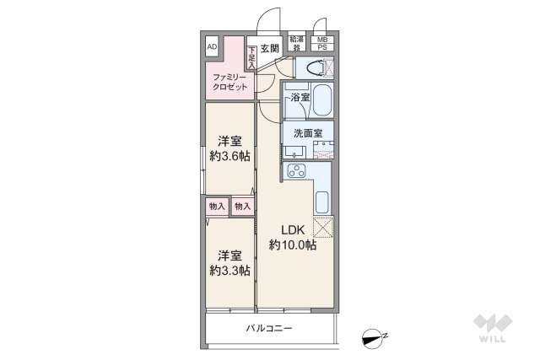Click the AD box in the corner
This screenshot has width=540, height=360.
click(212, 46)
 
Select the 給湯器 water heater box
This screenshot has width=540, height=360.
click(296, 43)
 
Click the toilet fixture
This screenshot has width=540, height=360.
click(314, 68)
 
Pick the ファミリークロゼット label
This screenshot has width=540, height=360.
click(228, 82)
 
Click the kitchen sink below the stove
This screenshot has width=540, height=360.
click(322, 203)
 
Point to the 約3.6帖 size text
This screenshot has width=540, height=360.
click(229, 156)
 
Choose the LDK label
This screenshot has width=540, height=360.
click(293, 229)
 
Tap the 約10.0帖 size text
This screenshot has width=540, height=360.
click(293, 245)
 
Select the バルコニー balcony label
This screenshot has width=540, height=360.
click(269, 328)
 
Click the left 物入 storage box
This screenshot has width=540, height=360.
click(216, 206)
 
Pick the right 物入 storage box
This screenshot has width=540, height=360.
click(242, 206)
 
